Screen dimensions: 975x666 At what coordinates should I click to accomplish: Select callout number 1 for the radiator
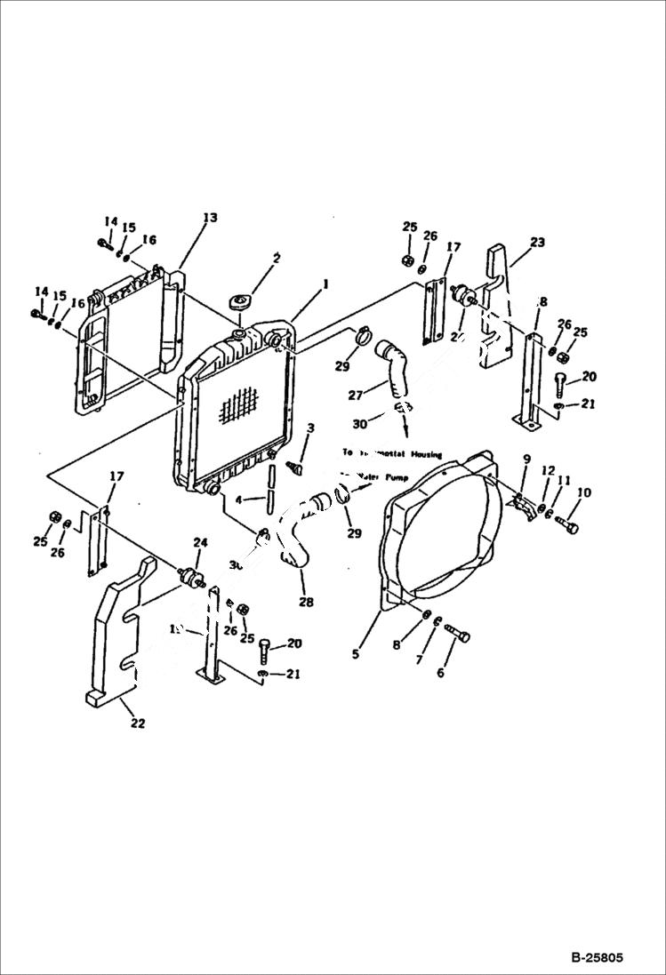325,284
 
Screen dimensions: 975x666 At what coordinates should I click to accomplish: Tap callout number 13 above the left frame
210,218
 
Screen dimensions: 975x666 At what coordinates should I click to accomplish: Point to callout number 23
537,242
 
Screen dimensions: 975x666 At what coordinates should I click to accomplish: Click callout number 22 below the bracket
137,723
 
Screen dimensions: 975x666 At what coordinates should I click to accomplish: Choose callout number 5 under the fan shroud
356,654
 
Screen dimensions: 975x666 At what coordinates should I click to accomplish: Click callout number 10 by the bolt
583,492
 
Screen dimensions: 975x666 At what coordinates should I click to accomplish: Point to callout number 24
199,542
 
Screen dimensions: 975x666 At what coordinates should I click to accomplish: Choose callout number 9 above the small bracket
526,459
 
